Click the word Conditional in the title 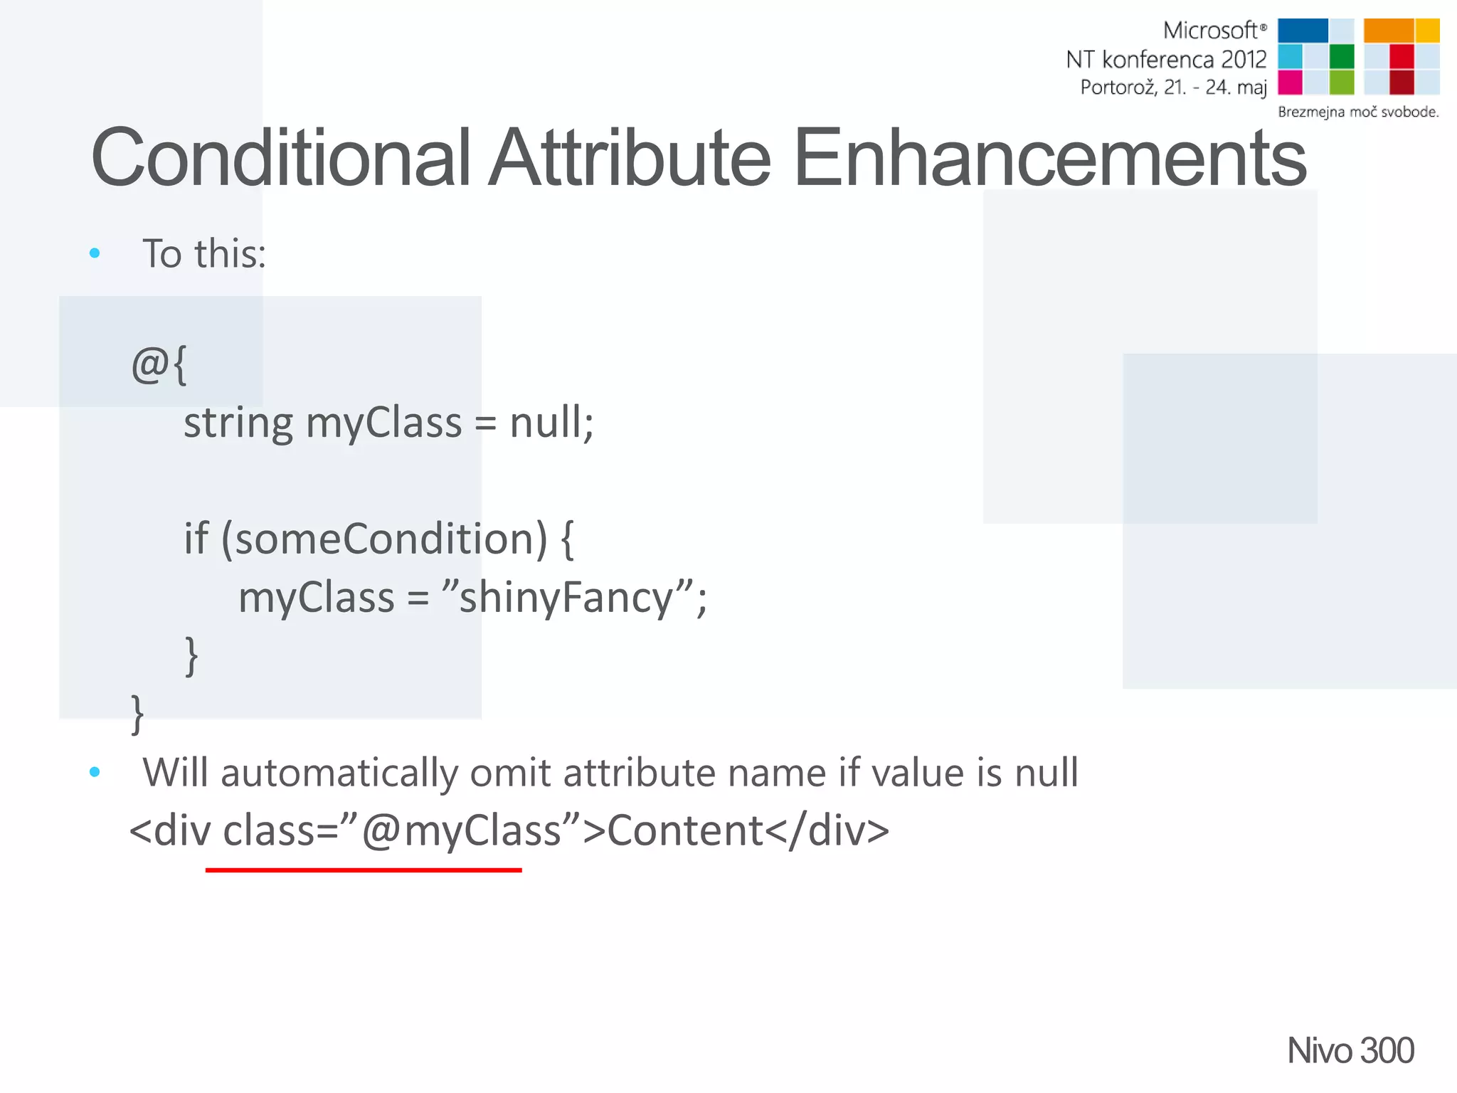click(281, 158)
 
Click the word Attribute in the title click(629, 158)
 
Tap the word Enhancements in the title click(1049, 158)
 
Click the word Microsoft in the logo click(1209, 31)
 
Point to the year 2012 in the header click(1244, 59)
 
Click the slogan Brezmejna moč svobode click(1357, 112)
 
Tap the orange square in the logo click(1388, 31)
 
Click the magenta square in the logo click(1290, 83)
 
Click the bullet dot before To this click(95, 253)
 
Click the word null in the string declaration click(546, 423)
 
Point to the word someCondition click(391, 539)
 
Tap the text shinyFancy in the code click(566, 597)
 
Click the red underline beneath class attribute click(363, 870)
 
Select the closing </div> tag click(827, 831)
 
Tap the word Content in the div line click(684, 831)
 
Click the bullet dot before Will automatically click(95, 772)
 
